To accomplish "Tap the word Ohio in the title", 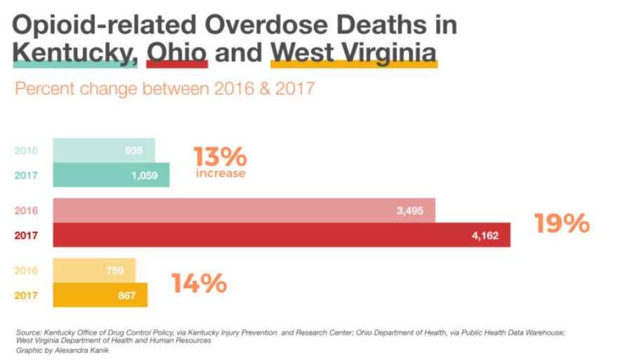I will point(176,52).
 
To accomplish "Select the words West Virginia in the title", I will point(353,52).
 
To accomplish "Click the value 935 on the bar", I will point(134,150).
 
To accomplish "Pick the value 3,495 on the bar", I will point(410,211).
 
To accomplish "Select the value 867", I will point(127,295).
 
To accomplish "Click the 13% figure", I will point(219,156).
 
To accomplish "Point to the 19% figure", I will point(561,223).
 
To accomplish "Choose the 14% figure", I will point(199,284).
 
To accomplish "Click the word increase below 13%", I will point(220,173).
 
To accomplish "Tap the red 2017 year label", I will point(26,235).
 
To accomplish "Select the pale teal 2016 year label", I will point(26,150).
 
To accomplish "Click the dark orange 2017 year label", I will point(26,295).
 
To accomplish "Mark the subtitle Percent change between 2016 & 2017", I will point(165,89).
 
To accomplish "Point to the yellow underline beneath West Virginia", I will point(354,65).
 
